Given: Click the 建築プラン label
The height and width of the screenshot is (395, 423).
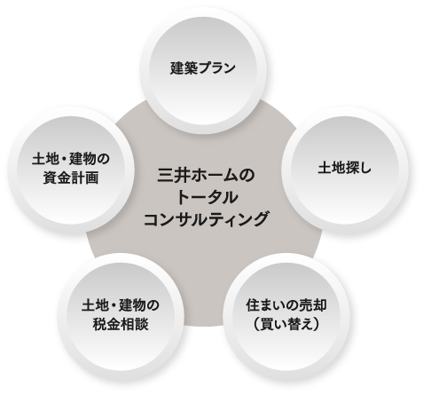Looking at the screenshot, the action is [x=203, y=67].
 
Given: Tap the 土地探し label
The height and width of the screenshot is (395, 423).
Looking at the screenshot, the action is [x=344, y=168].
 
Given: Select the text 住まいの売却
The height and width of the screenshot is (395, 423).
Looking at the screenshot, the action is [x=286, y=305].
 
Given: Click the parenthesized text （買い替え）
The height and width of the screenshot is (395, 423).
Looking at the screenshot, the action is [x=286, y=324].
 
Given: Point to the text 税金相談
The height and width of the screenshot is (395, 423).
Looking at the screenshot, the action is [x=121, y=324].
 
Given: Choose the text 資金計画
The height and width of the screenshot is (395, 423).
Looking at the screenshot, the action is [x=71, y=178].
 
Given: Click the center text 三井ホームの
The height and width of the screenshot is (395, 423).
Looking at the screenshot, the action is [x=206, y=175].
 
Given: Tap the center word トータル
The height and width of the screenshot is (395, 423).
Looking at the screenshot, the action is [x=206, y=197].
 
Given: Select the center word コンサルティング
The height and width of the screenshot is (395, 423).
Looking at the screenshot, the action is [x=206, y=219].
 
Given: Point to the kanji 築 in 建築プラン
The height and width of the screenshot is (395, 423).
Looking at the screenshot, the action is [x=190, y=67].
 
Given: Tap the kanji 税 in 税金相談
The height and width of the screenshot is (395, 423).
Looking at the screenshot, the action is [x=99, y=324].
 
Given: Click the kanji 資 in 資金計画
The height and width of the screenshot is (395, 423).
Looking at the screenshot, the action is [x=50, y=178].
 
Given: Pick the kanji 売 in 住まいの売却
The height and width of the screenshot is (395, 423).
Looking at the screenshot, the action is [x=306, y=305].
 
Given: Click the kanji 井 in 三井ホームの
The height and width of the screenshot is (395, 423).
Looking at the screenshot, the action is [x=181, y=175].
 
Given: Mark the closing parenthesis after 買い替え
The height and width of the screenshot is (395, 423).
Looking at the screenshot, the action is [x=317, y=324].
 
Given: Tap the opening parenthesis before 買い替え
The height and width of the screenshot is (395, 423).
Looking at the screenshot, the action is [x=255, y=324].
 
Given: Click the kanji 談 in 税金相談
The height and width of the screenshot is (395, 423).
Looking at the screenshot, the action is [x=141, y=324].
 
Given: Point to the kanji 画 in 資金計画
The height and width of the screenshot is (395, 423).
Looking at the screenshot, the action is [x=91, y=178].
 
